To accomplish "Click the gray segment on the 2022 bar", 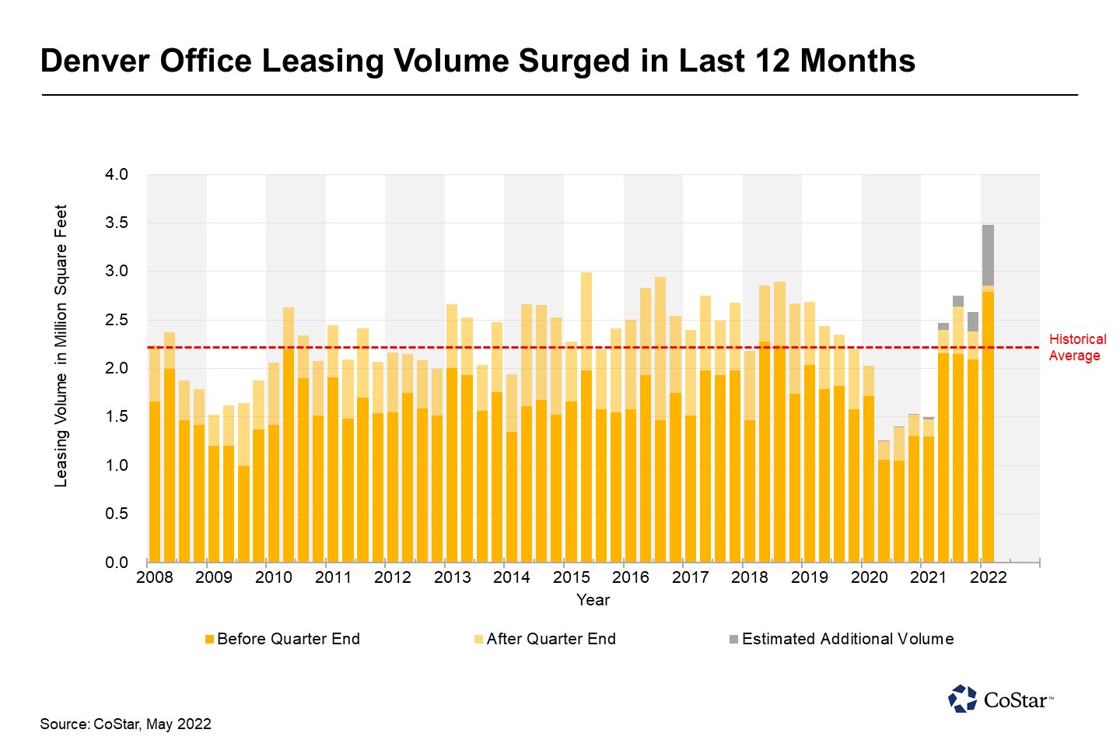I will tap(988, 255).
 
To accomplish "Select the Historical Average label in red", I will tap(1076, 347).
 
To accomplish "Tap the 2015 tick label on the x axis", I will tap(571, 577).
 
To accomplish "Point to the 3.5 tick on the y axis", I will tap(117, 223).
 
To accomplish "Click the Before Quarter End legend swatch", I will tap(209, 640).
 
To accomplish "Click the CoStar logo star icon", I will tap(962, 699).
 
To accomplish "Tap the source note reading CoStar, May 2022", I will tap(125, 724).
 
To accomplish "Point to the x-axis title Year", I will tap(593, 600).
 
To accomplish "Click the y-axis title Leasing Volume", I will tap(61, 346).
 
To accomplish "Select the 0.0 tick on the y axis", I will tap(117, 563).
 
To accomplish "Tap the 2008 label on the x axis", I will tap(154, 577).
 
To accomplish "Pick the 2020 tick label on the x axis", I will tap(869, 577).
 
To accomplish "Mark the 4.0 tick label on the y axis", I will tap(117, 174).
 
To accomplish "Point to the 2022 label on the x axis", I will tap(988, 577).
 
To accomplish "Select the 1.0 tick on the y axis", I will tap(117, 465).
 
